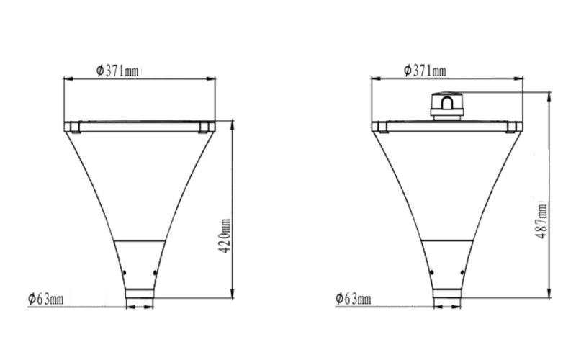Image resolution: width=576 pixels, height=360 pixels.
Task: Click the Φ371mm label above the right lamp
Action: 425,70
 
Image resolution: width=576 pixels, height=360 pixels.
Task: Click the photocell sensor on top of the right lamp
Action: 446,105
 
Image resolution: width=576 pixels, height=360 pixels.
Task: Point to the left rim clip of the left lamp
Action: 73,127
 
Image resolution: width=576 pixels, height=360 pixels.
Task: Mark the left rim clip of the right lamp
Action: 381,127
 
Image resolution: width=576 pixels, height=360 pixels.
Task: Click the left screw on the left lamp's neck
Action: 123,272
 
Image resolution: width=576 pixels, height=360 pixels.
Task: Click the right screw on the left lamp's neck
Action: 156,272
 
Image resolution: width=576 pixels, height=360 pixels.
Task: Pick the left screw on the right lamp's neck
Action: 431,272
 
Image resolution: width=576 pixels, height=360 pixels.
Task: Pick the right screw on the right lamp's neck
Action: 463,272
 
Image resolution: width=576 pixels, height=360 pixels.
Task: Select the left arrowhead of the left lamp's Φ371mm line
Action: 67,77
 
